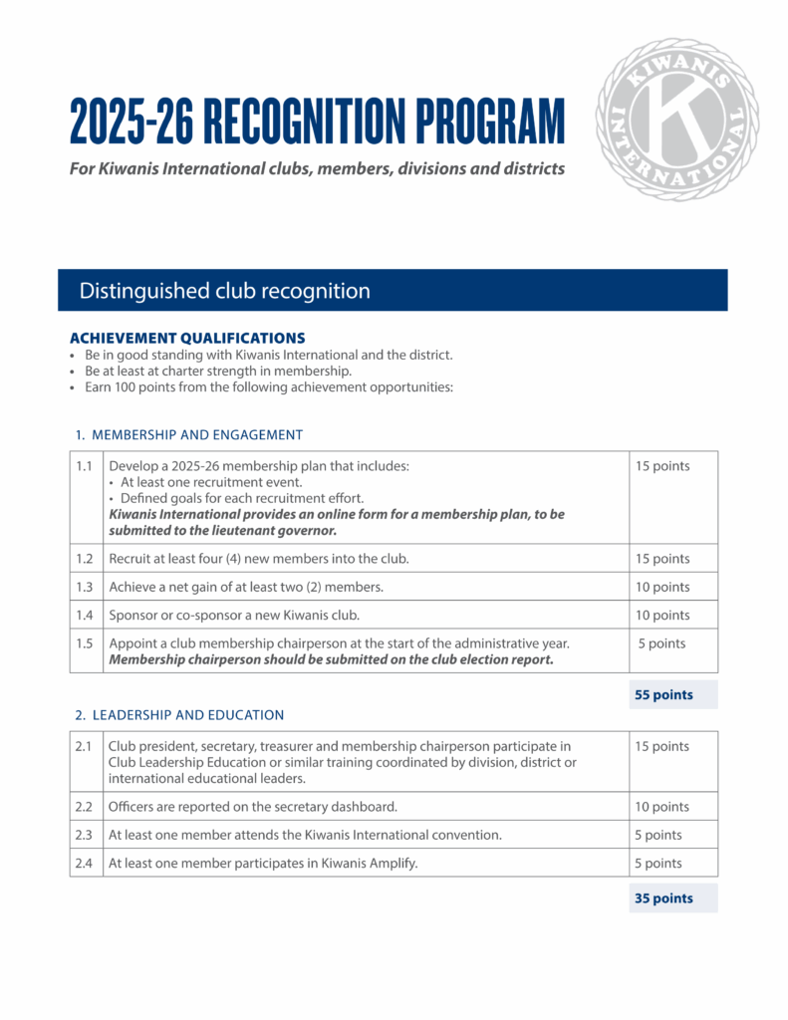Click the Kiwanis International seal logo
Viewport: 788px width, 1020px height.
676,120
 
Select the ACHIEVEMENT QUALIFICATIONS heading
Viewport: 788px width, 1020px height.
187,339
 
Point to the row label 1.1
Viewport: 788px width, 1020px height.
86,466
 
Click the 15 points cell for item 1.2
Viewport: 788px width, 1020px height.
661,559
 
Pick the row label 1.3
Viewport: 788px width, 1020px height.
86,587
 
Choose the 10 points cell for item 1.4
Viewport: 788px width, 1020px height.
661,615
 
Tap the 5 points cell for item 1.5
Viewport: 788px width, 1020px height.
661,643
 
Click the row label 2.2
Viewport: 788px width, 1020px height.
86,807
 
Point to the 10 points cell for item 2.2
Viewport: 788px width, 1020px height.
661,807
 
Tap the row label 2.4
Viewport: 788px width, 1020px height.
86,863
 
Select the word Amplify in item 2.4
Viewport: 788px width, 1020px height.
392,864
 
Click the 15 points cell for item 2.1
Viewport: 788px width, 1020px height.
661,746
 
